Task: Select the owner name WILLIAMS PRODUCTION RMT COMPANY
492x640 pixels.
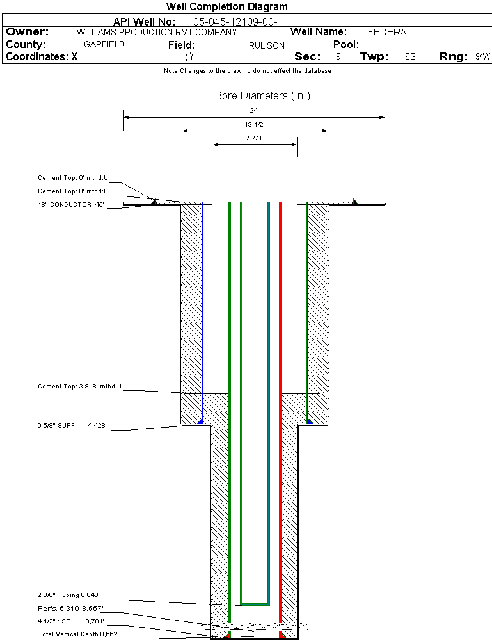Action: (157, 32)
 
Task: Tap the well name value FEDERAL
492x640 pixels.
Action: (390, 32)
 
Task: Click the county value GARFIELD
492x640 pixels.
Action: (104, 45)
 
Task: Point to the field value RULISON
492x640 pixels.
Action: (267, 45)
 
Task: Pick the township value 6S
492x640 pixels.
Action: (410, 57)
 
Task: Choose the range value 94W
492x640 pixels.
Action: (482, 57)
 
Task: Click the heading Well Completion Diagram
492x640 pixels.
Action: (227, 7)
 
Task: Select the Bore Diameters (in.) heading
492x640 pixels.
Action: (262, 96)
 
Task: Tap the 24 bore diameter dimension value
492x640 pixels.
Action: (254, 111)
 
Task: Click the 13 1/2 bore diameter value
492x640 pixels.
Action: (254, 124)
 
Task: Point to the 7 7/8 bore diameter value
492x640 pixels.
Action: (254, 138)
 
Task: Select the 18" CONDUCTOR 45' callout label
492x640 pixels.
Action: (71, 205)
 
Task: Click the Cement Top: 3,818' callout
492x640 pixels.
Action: (79, 387)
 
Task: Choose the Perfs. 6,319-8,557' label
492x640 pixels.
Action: (70, 607)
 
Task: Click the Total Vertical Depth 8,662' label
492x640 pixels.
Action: (78, 634)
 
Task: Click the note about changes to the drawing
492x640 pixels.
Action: (248, 71)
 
